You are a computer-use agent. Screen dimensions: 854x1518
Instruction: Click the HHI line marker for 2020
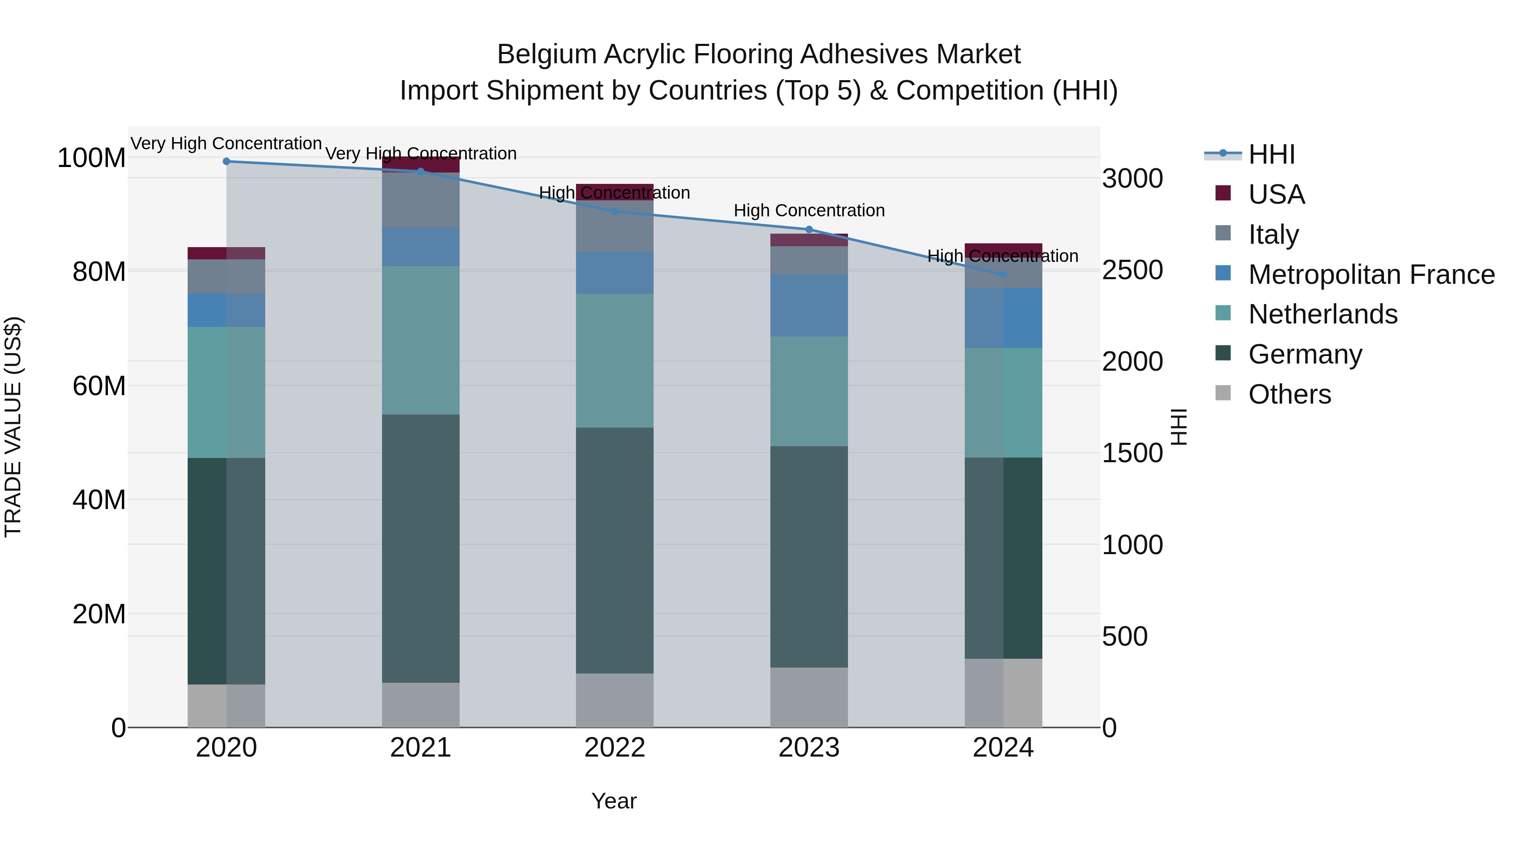226,161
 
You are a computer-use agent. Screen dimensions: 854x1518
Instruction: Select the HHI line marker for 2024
1003,275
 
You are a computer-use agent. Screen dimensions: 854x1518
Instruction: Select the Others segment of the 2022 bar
615,700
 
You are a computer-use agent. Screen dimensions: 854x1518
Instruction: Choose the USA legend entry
1276,194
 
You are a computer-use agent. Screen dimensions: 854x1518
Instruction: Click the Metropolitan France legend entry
1371,275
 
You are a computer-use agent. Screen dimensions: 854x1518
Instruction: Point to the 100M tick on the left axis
92,158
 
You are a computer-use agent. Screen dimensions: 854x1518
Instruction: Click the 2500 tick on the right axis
1132,270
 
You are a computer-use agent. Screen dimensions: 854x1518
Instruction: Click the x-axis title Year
614,801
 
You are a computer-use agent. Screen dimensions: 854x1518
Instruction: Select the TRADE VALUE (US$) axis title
13,427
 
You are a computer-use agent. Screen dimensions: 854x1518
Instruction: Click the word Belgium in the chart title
547,54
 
